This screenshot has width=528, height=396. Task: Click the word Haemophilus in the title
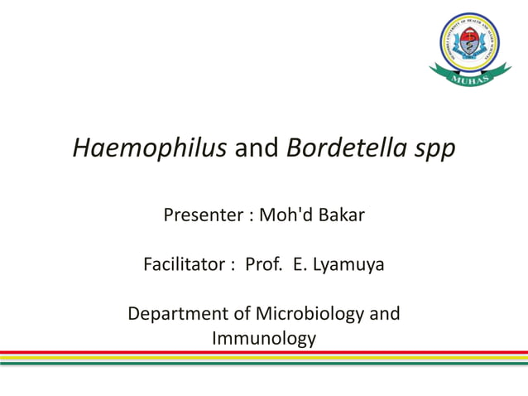point(151,149)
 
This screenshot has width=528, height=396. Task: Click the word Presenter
point(202,215)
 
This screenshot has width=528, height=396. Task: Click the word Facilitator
point(184,265)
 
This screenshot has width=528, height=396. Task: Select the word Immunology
point(264,339)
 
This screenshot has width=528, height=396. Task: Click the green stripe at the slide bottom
point(264,362)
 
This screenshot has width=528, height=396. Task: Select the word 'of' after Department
point(241,315)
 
